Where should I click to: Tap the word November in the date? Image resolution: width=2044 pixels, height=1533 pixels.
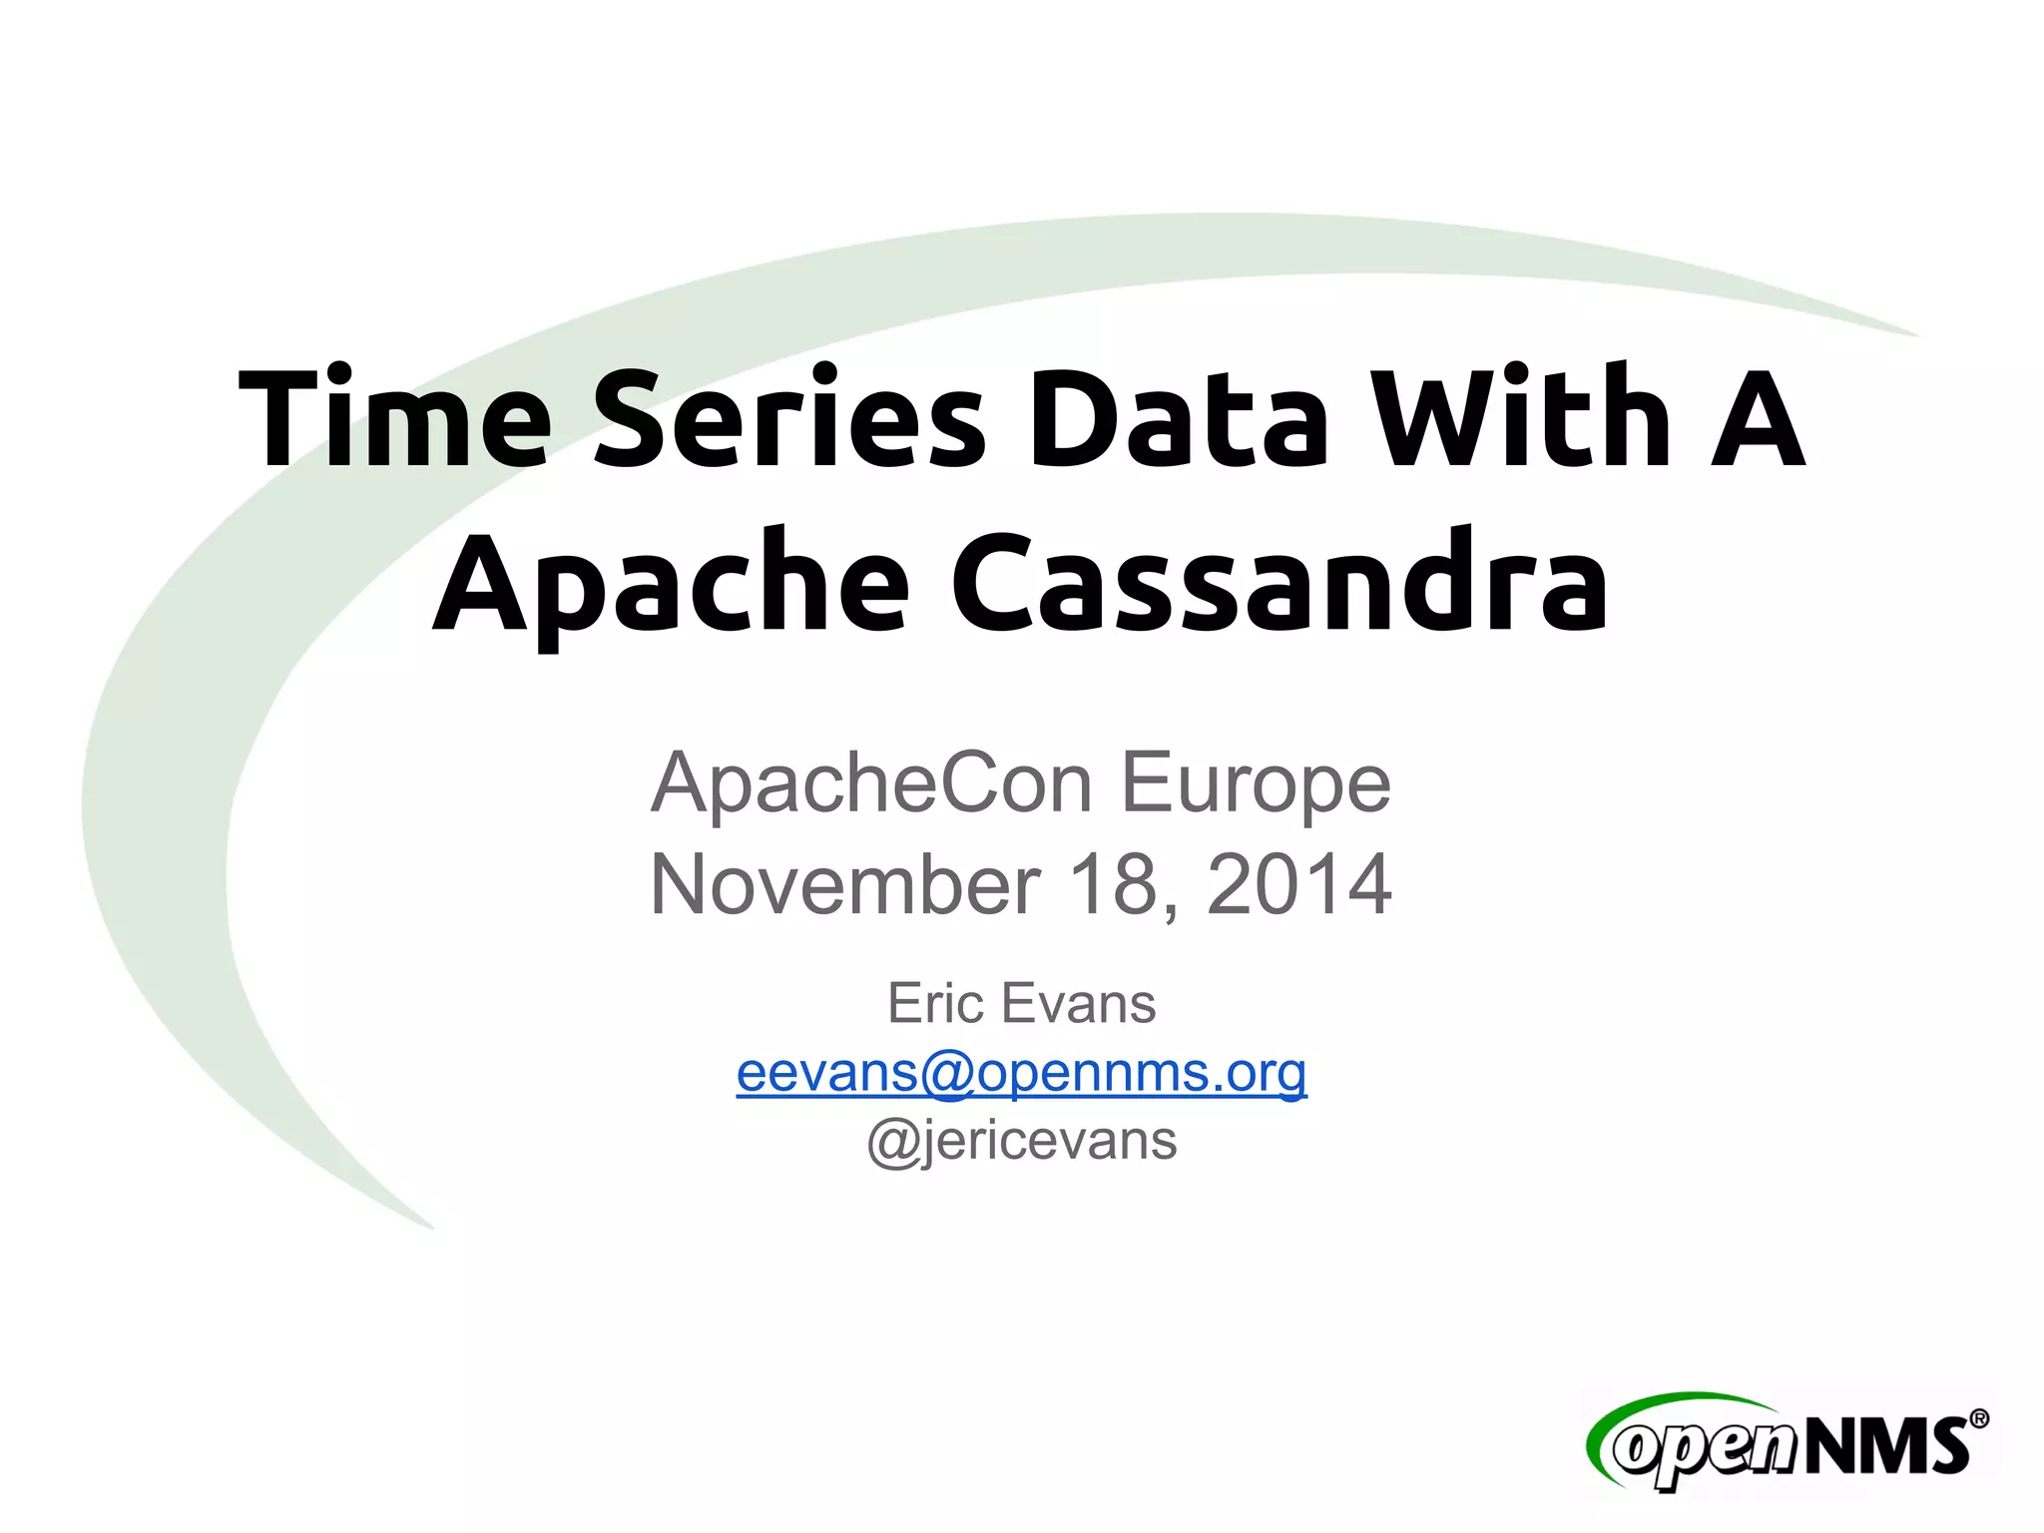844,884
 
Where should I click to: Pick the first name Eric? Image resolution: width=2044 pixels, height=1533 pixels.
935,1003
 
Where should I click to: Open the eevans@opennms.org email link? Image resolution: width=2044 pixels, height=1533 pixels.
1021,1072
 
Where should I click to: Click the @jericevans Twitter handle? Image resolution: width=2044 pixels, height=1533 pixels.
1021,1140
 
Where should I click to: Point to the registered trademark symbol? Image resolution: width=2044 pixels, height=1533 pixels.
1978,1419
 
